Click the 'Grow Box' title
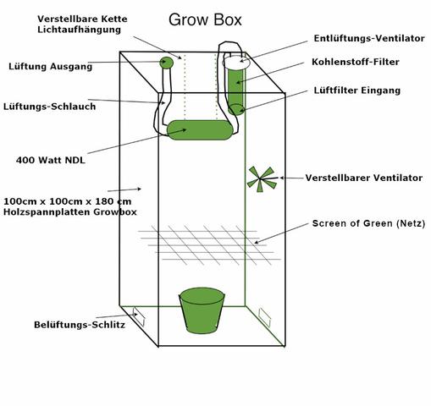(206, 19)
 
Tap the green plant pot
(202, 310)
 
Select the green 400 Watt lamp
(200, 130)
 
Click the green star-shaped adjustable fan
(262, 178)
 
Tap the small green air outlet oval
(168, 62)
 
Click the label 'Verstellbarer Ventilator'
(351, 178)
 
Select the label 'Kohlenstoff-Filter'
(356, 62)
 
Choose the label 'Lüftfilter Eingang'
(356, 90)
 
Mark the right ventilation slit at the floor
(264, 315)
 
